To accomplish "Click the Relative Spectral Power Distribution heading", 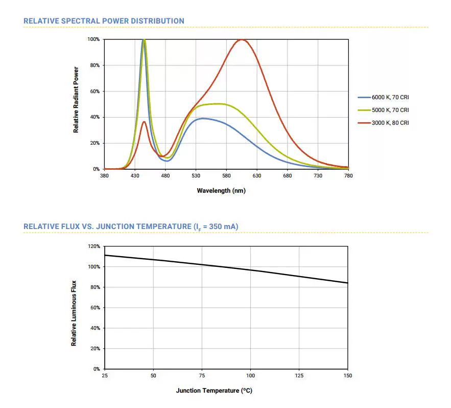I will [104, 21].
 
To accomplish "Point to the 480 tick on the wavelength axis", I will [165, 176].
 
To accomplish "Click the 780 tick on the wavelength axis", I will [348, 176].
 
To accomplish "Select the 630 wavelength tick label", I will [257, 176].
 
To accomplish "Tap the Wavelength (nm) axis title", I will [221, 191].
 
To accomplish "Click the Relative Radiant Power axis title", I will [76, 100].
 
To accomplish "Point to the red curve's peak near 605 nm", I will [242, 40].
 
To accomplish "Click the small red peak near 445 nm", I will [144, 122].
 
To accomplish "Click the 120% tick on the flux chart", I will [93, 246].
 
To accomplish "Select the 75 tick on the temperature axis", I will [202, 376].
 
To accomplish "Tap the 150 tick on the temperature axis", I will [347, 376].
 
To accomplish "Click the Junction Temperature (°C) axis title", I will [214, 391].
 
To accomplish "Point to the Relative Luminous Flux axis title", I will [74, 313].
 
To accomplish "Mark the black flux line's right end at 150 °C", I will [347, 283].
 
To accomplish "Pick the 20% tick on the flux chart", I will [94, 349].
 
